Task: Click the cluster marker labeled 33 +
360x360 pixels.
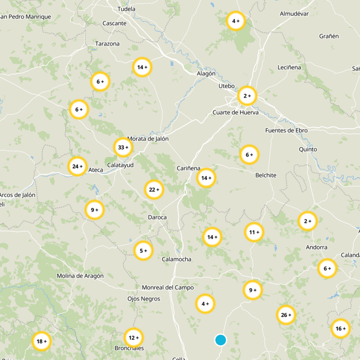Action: pos(123,147)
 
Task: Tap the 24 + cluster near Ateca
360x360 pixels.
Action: pos(77,166)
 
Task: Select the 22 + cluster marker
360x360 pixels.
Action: pos(154,190)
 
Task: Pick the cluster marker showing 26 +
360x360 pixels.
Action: pos(286,315)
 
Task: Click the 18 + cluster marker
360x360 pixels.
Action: pos(41,342)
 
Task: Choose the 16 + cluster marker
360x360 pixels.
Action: pos(340,328)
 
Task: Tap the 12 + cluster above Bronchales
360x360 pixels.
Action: pos(134,337)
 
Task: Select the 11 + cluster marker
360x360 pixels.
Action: pos(254,232)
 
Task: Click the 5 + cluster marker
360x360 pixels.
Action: pos(144,251)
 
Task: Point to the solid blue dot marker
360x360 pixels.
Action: pos(220,340)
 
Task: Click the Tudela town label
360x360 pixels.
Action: pos(126,9)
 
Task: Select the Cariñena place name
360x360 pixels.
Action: pos(188,168)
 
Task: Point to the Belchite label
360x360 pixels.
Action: pos(265,175)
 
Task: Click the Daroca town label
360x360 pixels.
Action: pos(157,217)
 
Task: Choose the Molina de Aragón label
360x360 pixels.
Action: pos(80,276)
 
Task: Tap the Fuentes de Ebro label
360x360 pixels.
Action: pos(286,130)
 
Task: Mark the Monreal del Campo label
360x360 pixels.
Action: pos(167,288)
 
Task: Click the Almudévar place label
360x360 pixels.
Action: pos(294,13)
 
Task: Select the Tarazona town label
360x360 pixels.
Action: pos(107,44)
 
